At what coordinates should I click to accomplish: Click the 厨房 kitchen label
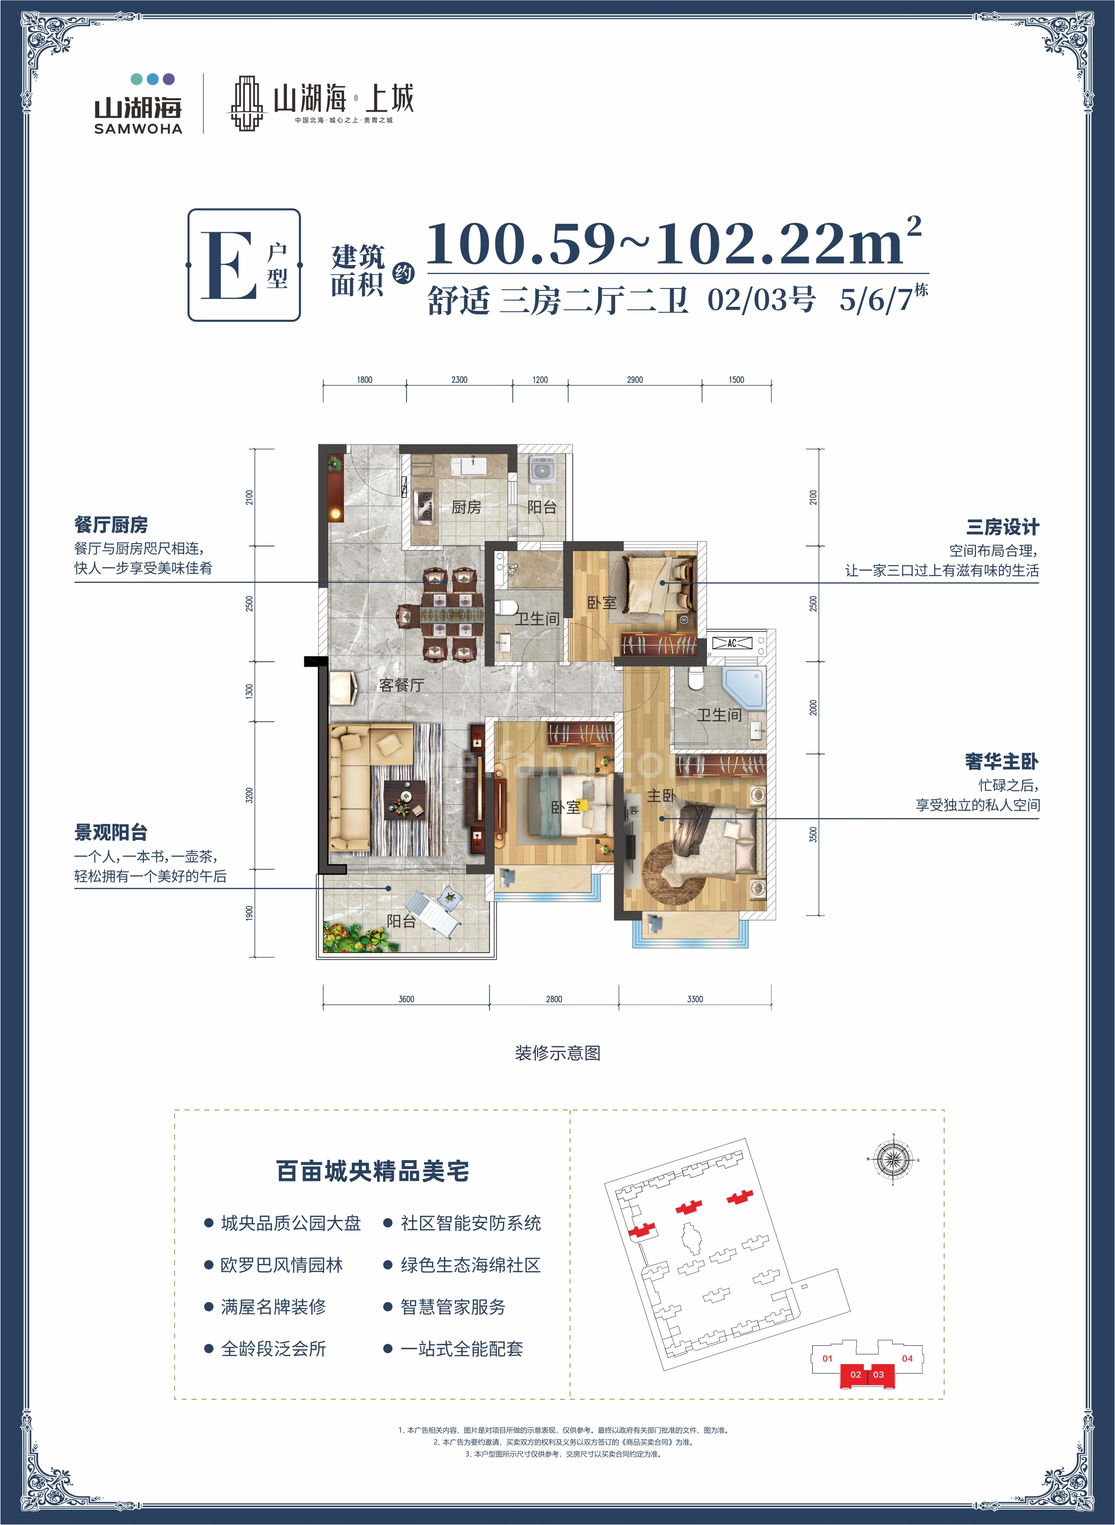coord(466,507)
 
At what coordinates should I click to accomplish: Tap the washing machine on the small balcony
coord(542,470)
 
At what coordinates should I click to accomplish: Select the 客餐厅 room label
coord(401,685)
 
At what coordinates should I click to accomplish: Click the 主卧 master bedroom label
coord(661,796)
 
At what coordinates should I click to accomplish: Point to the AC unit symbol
coord(732,643)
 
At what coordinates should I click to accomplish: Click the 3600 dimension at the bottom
coord(406,999)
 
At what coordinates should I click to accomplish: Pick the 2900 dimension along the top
coord(634,380)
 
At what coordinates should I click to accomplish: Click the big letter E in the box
coord(229,265)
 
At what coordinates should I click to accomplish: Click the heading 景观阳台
coord(111,832)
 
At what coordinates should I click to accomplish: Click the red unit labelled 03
coord(878,1375)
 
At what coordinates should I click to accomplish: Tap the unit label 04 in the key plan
coord(907,1358)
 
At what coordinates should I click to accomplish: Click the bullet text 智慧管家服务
coord(453,1307)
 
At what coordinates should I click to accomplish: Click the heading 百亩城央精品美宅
coord(372,1171)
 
